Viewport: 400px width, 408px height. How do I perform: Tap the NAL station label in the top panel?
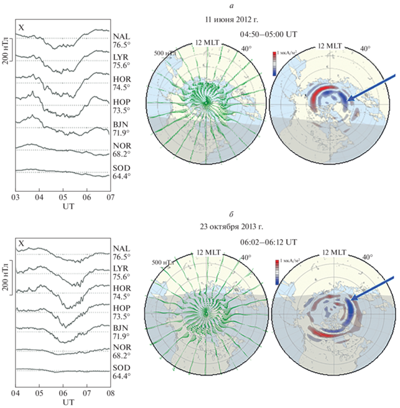pyautogui.click(x=123, y=37)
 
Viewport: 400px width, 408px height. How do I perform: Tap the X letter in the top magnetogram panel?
pyautogui.click(x=22, y=27)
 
